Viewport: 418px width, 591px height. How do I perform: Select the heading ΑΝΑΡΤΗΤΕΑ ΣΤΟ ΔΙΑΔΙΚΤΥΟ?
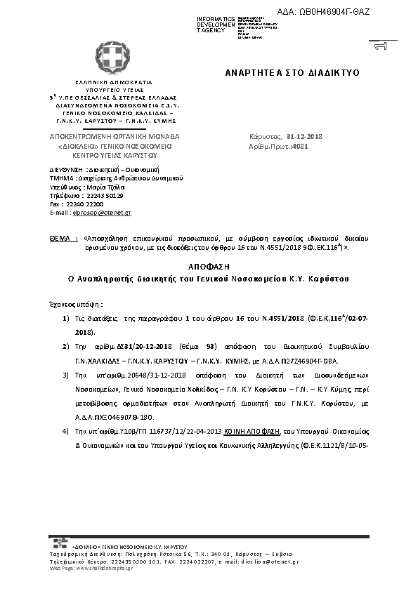[292, 72]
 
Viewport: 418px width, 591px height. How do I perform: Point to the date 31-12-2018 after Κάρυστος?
[304, 135]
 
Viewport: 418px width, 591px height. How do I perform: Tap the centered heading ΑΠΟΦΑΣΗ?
[208, 267]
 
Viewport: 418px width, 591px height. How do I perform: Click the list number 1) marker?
[65, 319]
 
